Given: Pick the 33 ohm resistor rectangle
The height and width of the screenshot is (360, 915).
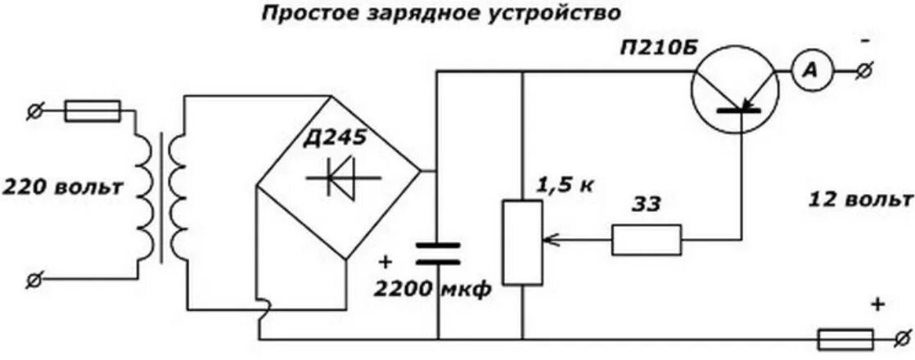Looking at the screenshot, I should tap(646, 240).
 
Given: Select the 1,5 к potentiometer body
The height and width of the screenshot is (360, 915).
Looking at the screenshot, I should tap(522, 241).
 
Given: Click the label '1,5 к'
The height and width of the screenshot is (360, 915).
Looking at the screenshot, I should tap(564, 185).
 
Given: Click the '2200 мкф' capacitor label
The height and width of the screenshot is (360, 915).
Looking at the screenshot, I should tap(434, 289).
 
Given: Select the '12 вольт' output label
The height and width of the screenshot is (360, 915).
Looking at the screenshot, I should tap(859, 200).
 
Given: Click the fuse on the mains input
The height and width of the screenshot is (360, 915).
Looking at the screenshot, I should tap(92, 110).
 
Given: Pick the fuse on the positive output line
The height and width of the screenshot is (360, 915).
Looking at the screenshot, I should tap(846, 337).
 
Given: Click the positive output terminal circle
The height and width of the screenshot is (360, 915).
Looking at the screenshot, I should tap(904, 337).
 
